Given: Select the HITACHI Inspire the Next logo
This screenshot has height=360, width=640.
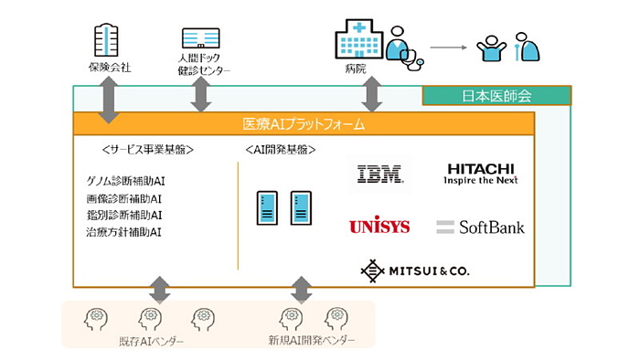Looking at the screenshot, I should (x=480, y=174).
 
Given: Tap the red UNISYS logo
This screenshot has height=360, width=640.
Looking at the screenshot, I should (x=379, y=226).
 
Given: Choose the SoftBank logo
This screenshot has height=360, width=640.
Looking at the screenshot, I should (x=481, y=226).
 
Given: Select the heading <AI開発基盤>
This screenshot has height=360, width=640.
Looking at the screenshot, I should (x=281, y=149).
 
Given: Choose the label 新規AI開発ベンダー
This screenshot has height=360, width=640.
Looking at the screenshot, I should (x=308, y=341).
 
